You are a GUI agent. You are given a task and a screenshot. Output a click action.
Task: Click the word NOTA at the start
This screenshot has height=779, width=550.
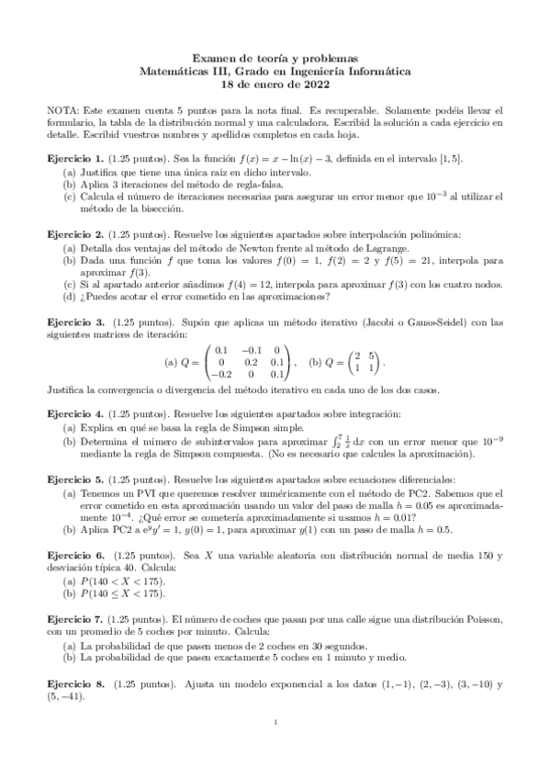click(x=62, y=109)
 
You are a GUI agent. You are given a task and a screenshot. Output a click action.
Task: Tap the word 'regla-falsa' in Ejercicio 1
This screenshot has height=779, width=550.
click(x=249, y=185)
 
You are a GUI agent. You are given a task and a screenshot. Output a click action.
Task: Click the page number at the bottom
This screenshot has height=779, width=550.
click(x=275, y=750)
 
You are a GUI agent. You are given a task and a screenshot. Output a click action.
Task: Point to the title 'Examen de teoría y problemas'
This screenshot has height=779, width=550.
click(x=275, y=56)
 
